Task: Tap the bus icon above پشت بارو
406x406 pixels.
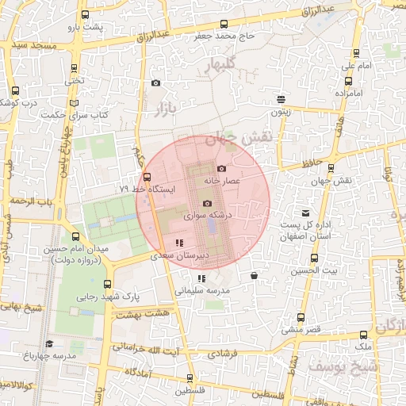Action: pos(84,15)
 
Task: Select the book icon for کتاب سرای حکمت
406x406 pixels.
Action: pos(74,103)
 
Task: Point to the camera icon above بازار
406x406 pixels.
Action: pos(155,83)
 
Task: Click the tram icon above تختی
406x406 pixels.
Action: pos(74,67)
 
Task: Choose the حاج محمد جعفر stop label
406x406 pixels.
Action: pos(226,36)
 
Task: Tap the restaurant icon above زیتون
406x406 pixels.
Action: pos(281,99)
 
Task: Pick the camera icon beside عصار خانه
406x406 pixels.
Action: pos(221,168)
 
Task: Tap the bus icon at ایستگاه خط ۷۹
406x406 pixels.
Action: pos(146,177)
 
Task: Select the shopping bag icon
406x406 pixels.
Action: pos(253,276)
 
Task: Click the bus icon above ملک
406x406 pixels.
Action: pos(365,335)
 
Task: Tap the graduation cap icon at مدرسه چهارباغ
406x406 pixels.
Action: pos(49,343)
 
